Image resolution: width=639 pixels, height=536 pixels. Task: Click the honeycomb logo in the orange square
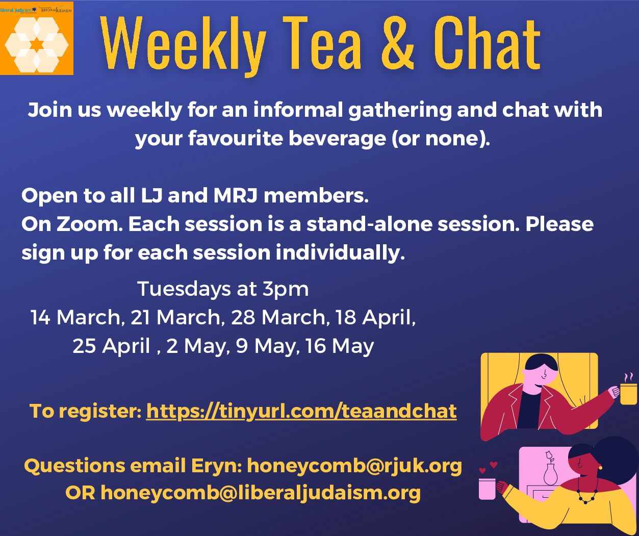pyautogui.click(x=37, y=44)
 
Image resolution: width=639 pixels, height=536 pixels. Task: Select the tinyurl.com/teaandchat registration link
pyautogui.click(x=301, y=411)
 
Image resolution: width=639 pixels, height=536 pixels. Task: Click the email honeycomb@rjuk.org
pyautogui.click(x=354, y=466)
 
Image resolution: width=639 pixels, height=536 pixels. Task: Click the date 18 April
pyautogui.click(x=375, y=317)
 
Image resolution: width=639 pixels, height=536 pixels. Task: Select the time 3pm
pyautogui.click(x=286, y=289)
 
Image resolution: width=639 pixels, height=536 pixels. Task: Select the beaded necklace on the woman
pyautogui.click(x=587, y=491)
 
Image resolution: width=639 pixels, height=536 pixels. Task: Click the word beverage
pyautogui.click(x=337, y=139)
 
